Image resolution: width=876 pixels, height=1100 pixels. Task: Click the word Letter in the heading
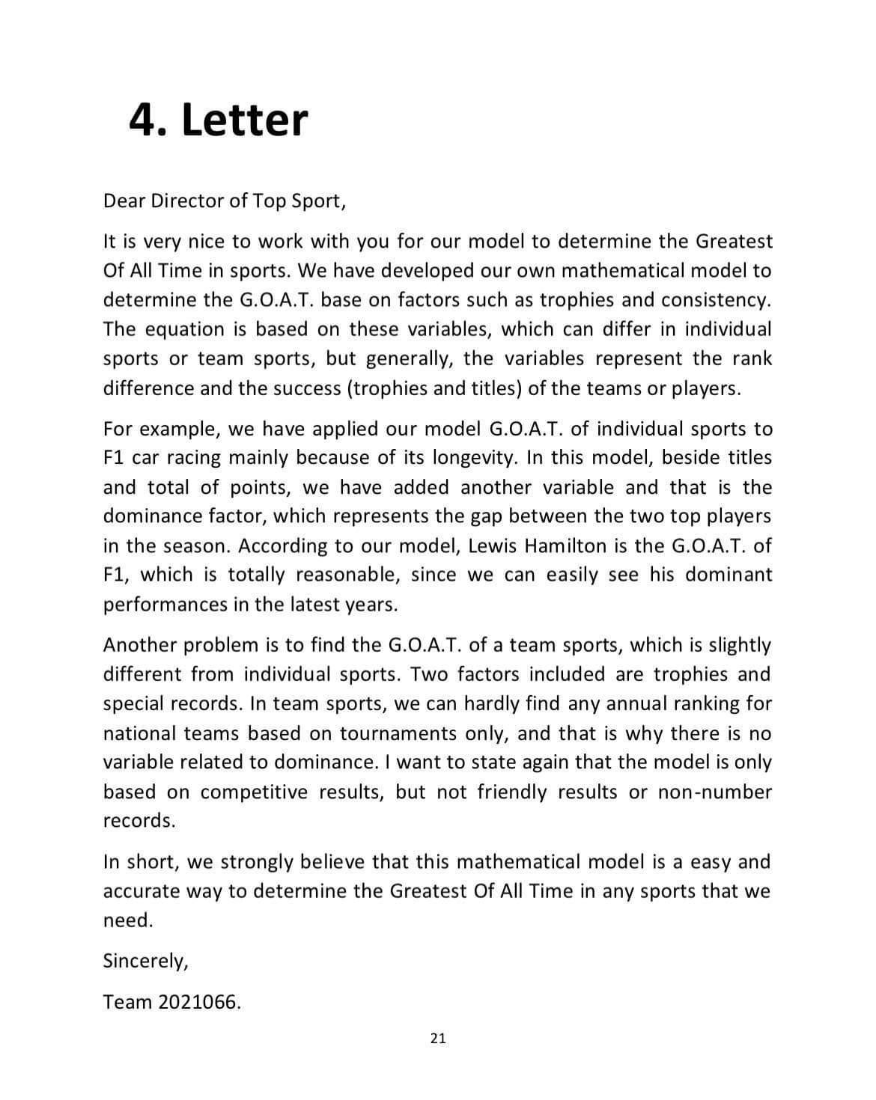click(245, 119)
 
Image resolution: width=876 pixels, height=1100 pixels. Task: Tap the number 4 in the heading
click(142, 119)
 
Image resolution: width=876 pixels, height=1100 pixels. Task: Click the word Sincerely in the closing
click(145, 961)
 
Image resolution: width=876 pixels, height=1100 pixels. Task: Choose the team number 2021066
click(199, 1002)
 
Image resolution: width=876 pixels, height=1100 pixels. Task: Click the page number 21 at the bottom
click(439, 1038)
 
